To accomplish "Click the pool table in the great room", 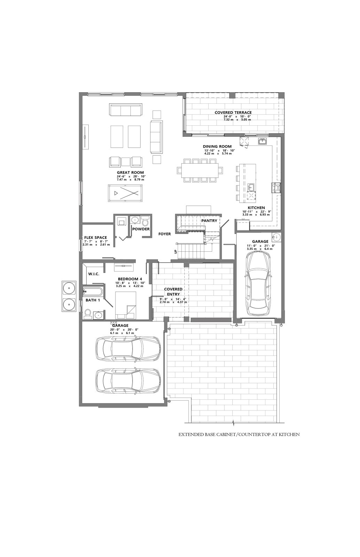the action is (125, 193).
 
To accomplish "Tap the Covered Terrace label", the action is (233, 113).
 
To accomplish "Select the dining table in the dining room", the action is (200, 170).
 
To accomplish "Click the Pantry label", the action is (209, 221).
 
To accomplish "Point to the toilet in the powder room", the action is (145, 220).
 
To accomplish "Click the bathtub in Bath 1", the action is (93, 291).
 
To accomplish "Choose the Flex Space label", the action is (95, 237).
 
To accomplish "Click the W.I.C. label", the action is (94, 274).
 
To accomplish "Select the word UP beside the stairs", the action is (176, 251).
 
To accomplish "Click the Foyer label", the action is (165, 234).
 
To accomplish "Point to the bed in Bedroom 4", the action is (126, 305).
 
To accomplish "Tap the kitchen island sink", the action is (251, 187).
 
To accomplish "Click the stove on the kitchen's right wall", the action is (276, 188).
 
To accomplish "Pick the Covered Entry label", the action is (173, 292).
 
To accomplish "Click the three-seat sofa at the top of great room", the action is (126, 110).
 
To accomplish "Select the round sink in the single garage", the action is (276, 237).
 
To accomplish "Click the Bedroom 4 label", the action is (130, 279).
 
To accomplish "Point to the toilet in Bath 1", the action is (87, 314).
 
